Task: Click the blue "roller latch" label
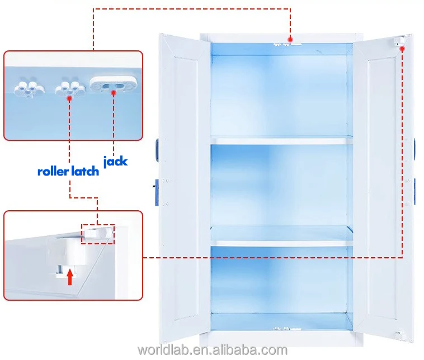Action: [68, 170]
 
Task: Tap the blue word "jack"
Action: [115, 162]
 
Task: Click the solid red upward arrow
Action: [70, 276]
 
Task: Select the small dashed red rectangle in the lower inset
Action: [97, 234]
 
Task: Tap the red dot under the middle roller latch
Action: [69, 98]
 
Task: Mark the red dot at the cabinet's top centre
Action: [290, 39]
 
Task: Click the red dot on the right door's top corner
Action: [402, 49]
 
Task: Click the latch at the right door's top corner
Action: [400, 41]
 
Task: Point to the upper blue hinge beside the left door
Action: [156, 147]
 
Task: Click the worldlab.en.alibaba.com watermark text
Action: [212, 350]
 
